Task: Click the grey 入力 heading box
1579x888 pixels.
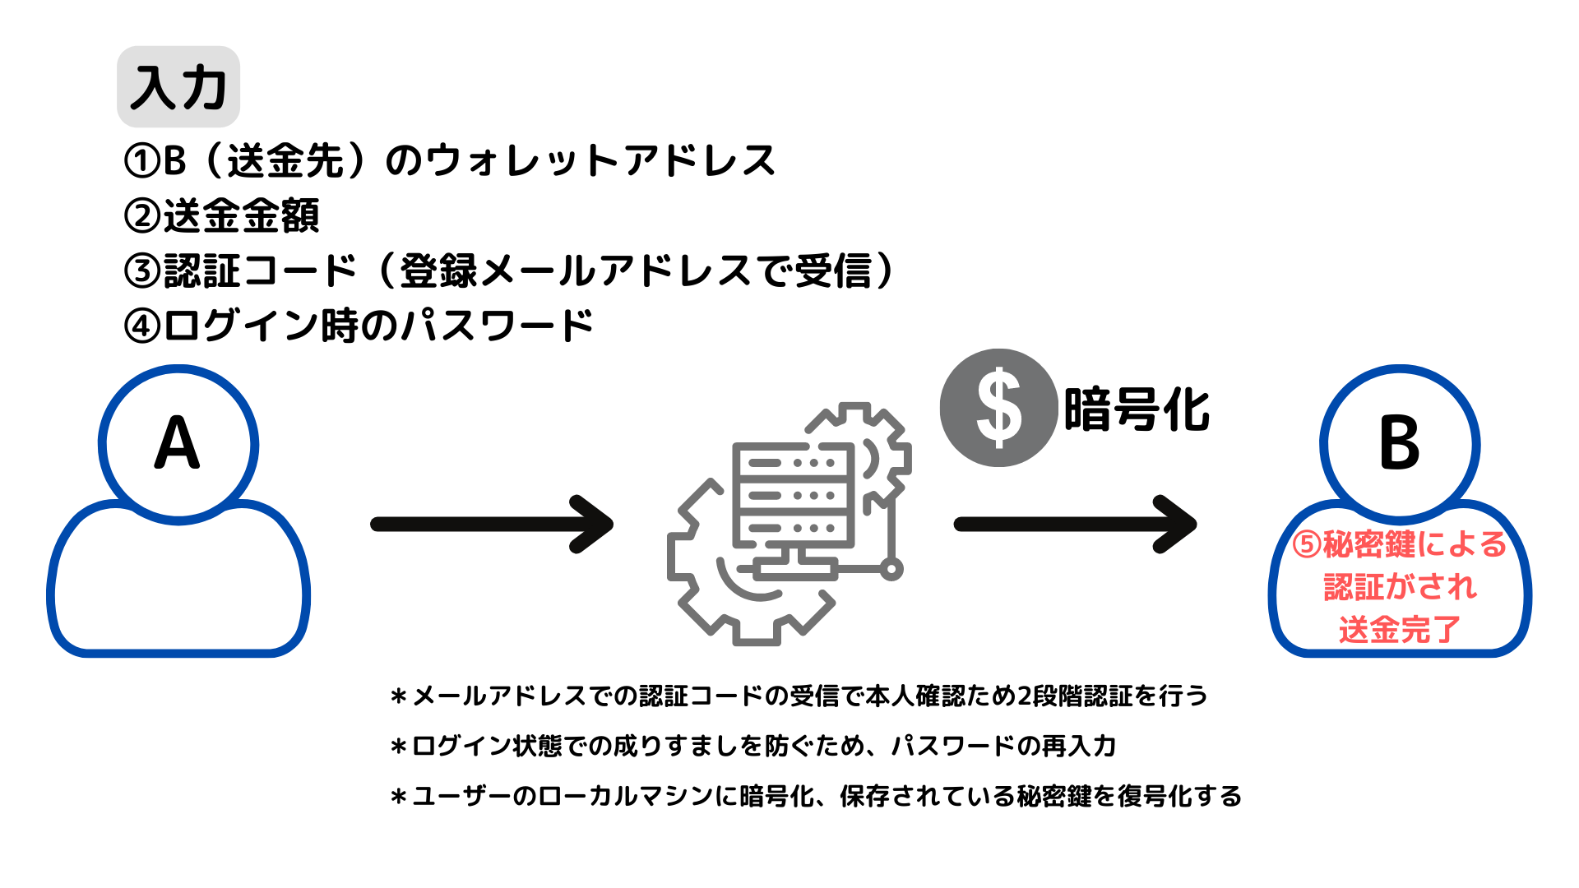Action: [178, 86]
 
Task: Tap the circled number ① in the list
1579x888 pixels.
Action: [142, 160]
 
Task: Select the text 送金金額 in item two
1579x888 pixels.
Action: [241, 215]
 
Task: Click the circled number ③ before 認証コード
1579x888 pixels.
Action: [142, 271]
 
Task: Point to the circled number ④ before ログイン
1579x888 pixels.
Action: [142, 326]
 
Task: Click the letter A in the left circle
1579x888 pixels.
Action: [178, 443]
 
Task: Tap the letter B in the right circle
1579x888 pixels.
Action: [1399, 443]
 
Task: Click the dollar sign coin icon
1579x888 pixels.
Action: [998, 408]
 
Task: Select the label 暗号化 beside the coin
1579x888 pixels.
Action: [1137, 409]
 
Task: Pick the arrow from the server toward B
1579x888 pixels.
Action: [1075, 525]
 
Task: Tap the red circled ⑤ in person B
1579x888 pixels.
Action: [1307, 544]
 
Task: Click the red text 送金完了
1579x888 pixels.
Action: [1400, 630]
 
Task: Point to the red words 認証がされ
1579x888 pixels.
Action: [1400, 587]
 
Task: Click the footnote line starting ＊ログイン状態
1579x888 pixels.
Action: [753, 746]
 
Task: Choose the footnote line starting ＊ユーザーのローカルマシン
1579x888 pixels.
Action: [816, 796]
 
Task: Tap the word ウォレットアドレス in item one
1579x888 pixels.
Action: [601, 160]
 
